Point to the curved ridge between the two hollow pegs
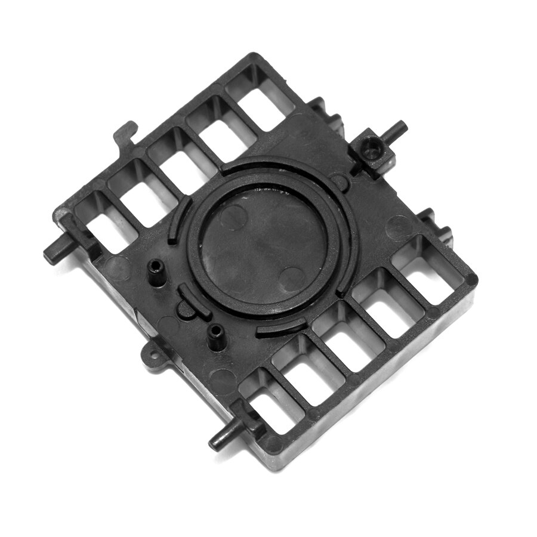(192, 298)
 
